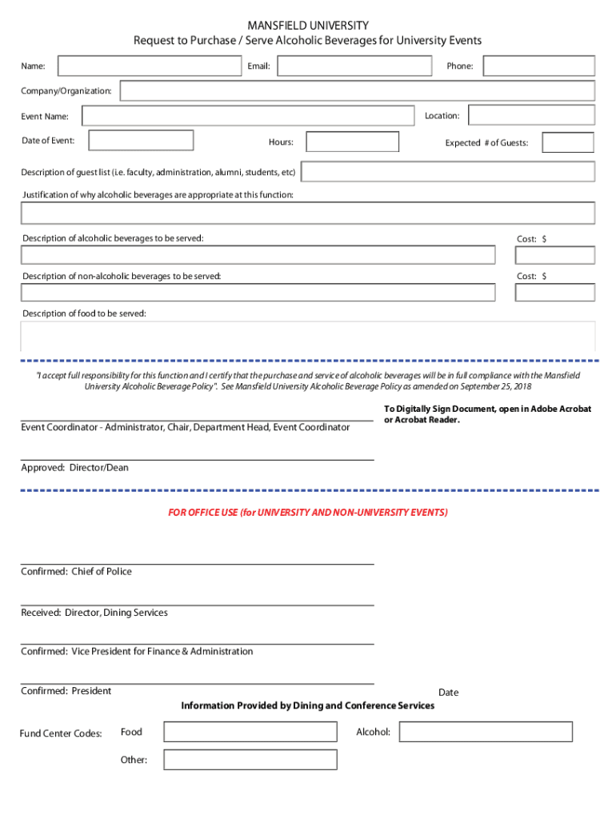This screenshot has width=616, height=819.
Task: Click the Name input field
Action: pyautogui.click(x=149, y=66)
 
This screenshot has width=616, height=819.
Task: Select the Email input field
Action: pyautogui.click(x=354, y=66)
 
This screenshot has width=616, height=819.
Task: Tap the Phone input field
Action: pyautogui.click(x=538, y=66)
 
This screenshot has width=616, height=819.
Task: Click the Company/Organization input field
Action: pyautogui.click(x=357, y=91)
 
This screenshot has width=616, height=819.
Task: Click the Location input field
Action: pyautogui.click(x=531, y=116)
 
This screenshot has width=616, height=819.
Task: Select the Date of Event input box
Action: pyautogui.click(x=141, y=141)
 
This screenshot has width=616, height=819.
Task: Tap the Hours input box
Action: pyautogui.click(x=352, y=142)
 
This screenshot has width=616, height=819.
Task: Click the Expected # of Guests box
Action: pyautogui.click(x=567, y=142)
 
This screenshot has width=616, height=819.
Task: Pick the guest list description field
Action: pyautogui.click(x=448, y=172)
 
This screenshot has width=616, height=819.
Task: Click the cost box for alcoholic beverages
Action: pyautogui.click(x=554, y=255)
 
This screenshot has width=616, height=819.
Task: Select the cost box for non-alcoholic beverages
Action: pyautogui.click(x=554, y=292)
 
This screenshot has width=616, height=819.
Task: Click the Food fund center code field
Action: pyautogui.click(x=250, y=732)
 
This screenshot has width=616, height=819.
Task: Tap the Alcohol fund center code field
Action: pyautogui.click(x=486, y=732)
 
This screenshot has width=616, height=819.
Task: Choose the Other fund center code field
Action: pyautogui.click(x=250, y=760)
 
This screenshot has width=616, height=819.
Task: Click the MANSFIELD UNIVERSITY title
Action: pyautogui.click(x=307, y=26)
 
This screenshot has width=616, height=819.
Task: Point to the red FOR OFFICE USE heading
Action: pyautogui.click(x=307, y=512)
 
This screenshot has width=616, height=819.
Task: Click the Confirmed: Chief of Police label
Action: pyautogui.click(x=76, y=572)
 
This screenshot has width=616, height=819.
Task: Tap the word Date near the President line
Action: pyautogui.click(x=448, y=693)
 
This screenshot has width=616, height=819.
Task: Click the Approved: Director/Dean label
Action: pyautogui.click(x=74, y=468)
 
